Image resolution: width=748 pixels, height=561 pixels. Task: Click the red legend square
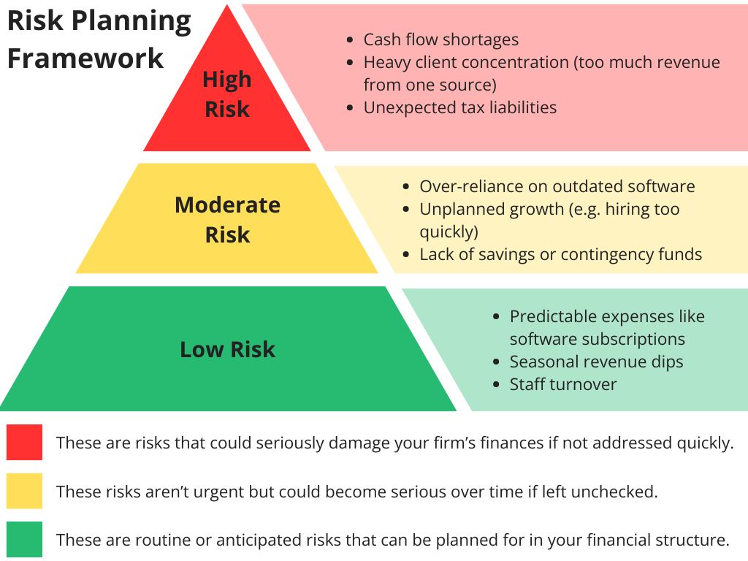(x=24, y=442)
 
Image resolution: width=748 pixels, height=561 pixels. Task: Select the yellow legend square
(x=24, y=491)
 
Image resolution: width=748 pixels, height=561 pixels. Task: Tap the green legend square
(x=24, y=539)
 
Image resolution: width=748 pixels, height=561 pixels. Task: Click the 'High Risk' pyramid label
(x=227, y=94)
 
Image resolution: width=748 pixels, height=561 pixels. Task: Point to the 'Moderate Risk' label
(x=227, y=219)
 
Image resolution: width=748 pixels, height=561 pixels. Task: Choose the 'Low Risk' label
(x=227, y=349)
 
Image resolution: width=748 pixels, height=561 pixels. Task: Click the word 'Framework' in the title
(x=85, y=58)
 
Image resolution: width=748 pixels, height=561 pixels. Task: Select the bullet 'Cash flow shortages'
(x=440, y=39)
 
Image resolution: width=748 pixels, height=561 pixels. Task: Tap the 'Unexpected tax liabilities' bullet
(x=459, y=107)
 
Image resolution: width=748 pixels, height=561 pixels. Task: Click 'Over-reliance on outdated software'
(x=557, y=186)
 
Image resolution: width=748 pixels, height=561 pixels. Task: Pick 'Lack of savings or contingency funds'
(x=560, y=254)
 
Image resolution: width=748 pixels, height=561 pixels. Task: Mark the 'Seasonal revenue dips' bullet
(x=596, y=362)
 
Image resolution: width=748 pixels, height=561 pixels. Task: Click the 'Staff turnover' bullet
(x=562, y=384)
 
